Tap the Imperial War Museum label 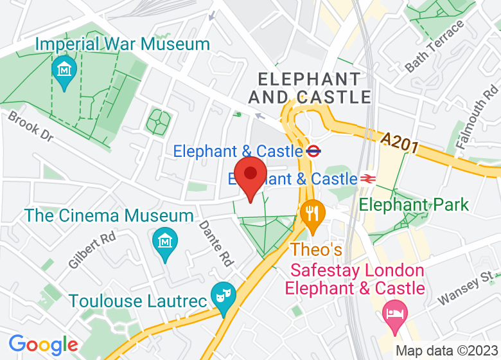pyautogui.click(x=123, y=44)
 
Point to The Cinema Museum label pyautogui.click(x=110, y=215)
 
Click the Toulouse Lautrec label pyautogui.click(x=137, y=301)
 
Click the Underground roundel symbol pyautogui.click(x=313, y=152)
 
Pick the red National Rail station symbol pyautogui.click(x=368, y=179)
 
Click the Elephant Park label pyautogui.click(x=414, y=205)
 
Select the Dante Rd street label pyautogui.click(x=215, y=244)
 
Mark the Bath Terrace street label pyautogui.click(x=435, y=46)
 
